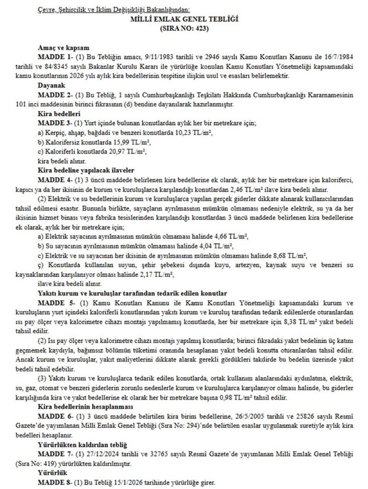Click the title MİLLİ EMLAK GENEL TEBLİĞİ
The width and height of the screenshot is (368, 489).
click(184, 19)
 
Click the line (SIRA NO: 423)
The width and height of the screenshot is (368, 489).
click(184, 28)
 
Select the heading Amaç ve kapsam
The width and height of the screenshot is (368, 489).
click(63, 48)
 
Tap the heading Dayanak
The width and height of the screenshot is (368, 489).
click(51, 86)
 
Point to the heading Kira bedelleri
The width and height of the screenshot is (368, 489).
click(59, 114)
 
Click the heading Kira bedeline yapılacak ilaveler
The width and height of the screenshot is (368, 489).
click(86, 170)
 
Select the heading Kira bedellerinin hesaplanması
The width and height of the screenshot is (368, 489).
click(85, 407)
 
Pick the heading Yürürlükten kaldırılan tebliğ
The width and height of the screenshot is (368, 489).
click(82, 445)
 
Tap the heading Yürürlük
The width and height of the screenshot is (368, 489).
click(52, 473)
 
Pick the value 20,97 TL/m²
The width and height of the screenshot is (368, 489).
click(128, 152)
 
